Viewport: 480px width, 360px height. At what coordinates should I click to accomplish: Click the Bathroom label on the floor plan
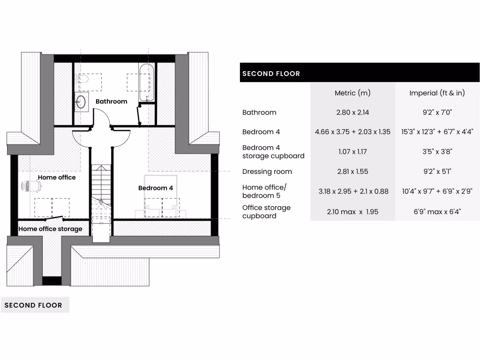click(x=111, y=101)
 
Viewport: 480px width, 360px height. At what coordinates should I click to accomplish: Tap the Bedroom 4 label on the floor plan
click(x=156, y=188)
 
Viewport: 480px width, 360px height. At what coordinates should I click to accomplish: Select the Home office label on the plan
click(x=57, y=177)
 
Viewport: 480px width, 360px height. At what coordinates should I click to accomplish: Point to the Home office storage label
click(x=50, y=229)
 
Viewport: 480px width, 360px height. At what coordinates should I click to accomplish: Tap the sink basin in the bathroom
click(x=81, y=101)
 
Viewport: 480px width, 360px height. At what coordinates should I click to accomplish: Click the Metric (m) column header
click(x=352, y=93)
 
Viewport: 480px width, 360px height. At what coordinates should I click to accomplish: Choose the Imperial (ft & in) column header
click(x=437, y=93)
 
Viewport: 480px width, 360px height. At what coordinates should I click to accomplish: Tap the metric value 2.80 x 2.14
click(x=352, y=112)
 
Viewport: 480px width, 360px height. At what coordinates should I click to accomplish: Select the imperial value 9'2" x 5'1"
click(x=437, y=172)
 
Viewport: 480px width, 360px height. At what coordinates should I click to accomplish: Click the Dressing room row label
click(x=267, y=172)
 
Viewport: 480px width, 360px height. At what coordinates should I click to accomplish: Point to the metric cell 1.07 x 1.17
click(x=352, y=151)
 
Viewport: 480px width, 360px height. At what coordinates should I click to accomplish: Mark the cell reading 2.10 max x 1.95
click(x=352, y=212)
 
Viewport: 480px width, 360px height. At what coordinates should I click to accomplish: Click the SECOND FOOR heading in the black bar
click(x=271, y=74)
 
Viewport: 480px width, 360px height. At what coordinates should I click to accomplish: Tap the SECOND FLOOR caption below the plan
click(x=33, y=305)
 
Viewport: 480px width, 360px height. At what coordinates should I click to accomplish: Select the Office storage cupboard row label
click(x=266, y=212)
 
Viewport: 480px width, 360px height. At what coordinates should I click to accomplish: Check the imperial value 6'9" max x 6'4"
click(x=437, y=212)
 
